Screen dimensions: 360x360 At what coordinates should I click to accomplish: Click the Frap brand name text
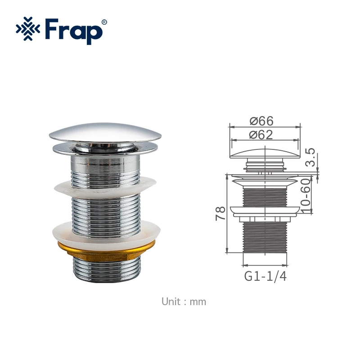click(74, 31)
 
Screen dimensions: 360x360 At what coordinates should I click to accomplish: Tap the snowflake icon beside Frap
click(28, 29)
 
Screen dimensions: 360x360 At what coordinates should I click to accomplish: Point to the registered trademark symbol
click(104, 22)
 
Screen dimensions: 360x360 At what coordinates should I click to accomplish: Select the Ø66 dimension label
click(261, 121)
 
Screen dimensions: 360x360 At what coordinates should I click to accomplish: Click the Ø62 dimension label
click(261, 135)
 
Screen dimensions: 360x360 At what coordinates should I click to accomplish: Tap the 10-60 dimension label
click(306, 196)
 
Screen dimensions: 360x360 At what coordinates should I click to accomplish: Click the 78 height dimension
click(220, 213)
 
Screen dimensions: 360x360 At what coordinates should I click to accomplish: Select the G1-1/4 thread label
click(265, 276)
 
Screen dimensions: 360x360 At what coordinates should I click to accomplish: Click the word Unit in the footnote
click(171, 301)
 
